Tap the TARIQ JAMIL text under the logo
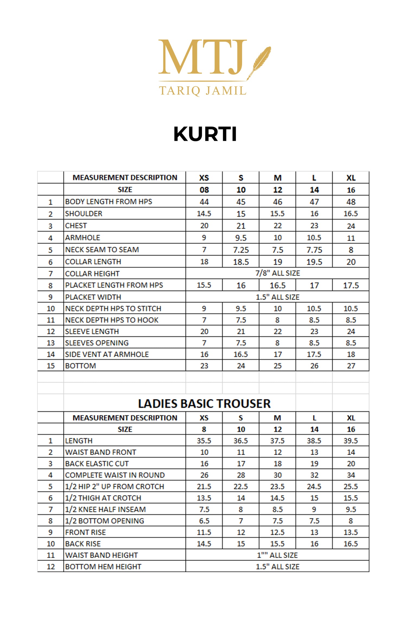point(203,91)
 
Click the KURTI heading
point(205,134)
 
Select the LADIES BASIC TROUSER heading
point(204,404)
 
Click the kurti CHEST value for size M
point(278,226)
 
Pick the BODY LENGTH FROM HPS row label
point(109,202)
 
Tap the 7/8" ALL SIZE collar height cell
point(278,273)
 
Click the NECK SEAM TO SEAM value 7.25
point(241,250)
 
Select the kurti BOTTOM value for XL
point(351,366)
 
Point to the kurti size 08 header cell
point(204,190)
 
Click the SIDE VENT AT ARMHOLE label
point(107,354)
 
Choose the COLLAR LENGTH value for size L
point(314,262)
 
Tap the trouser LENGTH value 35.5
point(204,441)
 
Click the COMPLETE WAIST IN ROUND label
point(115,475)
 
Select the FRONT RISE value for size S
point(241,532)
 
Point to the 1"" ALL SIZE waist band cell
point(277,555)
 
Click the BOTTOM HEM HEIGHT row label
point(103,567)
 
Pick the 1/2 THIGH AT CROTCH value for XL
point(351,498)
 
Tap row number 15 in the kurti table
point(51,366)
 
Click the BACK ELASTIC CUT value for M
point(278,464)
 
